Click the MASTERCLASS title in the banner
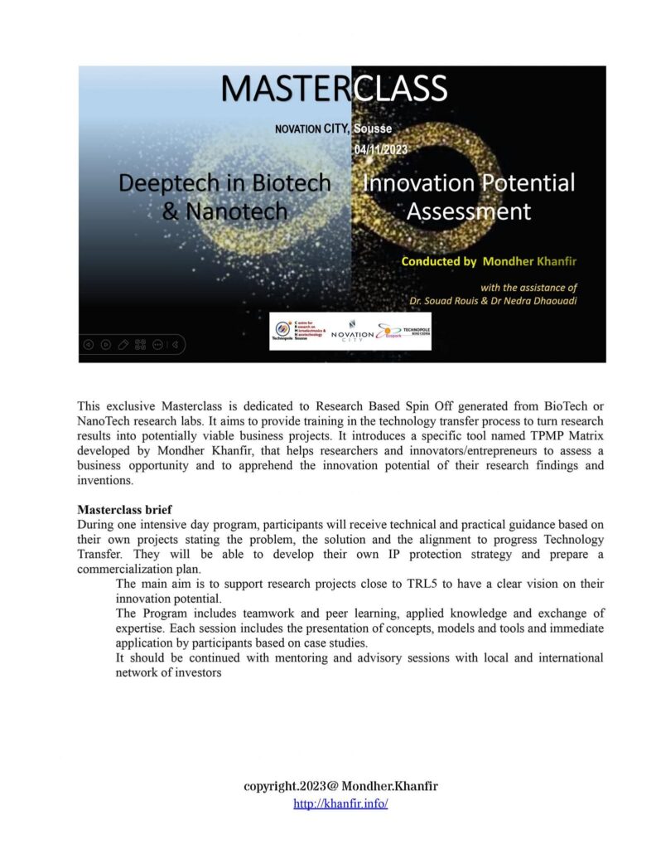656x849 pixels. (335, 89)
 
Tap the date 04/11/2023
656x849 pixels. (380, 149)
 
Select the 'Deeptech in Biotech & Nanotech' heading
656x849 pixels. (224, 196)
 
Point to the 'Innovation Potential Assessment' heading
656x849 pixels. (469, 196)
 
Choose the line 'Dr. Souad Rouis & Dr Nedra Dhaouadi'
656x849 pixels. (493, 300)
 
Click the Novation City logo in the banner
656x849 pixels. (352, 332)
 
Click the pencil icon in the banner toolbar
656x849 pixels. (123, 344)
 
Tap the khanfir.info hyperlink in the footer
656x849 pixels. (340, 804)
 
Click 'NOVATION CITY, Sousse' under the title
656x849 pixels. (333, 129)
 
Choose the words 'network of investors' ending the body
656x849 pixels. (169, 673)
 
